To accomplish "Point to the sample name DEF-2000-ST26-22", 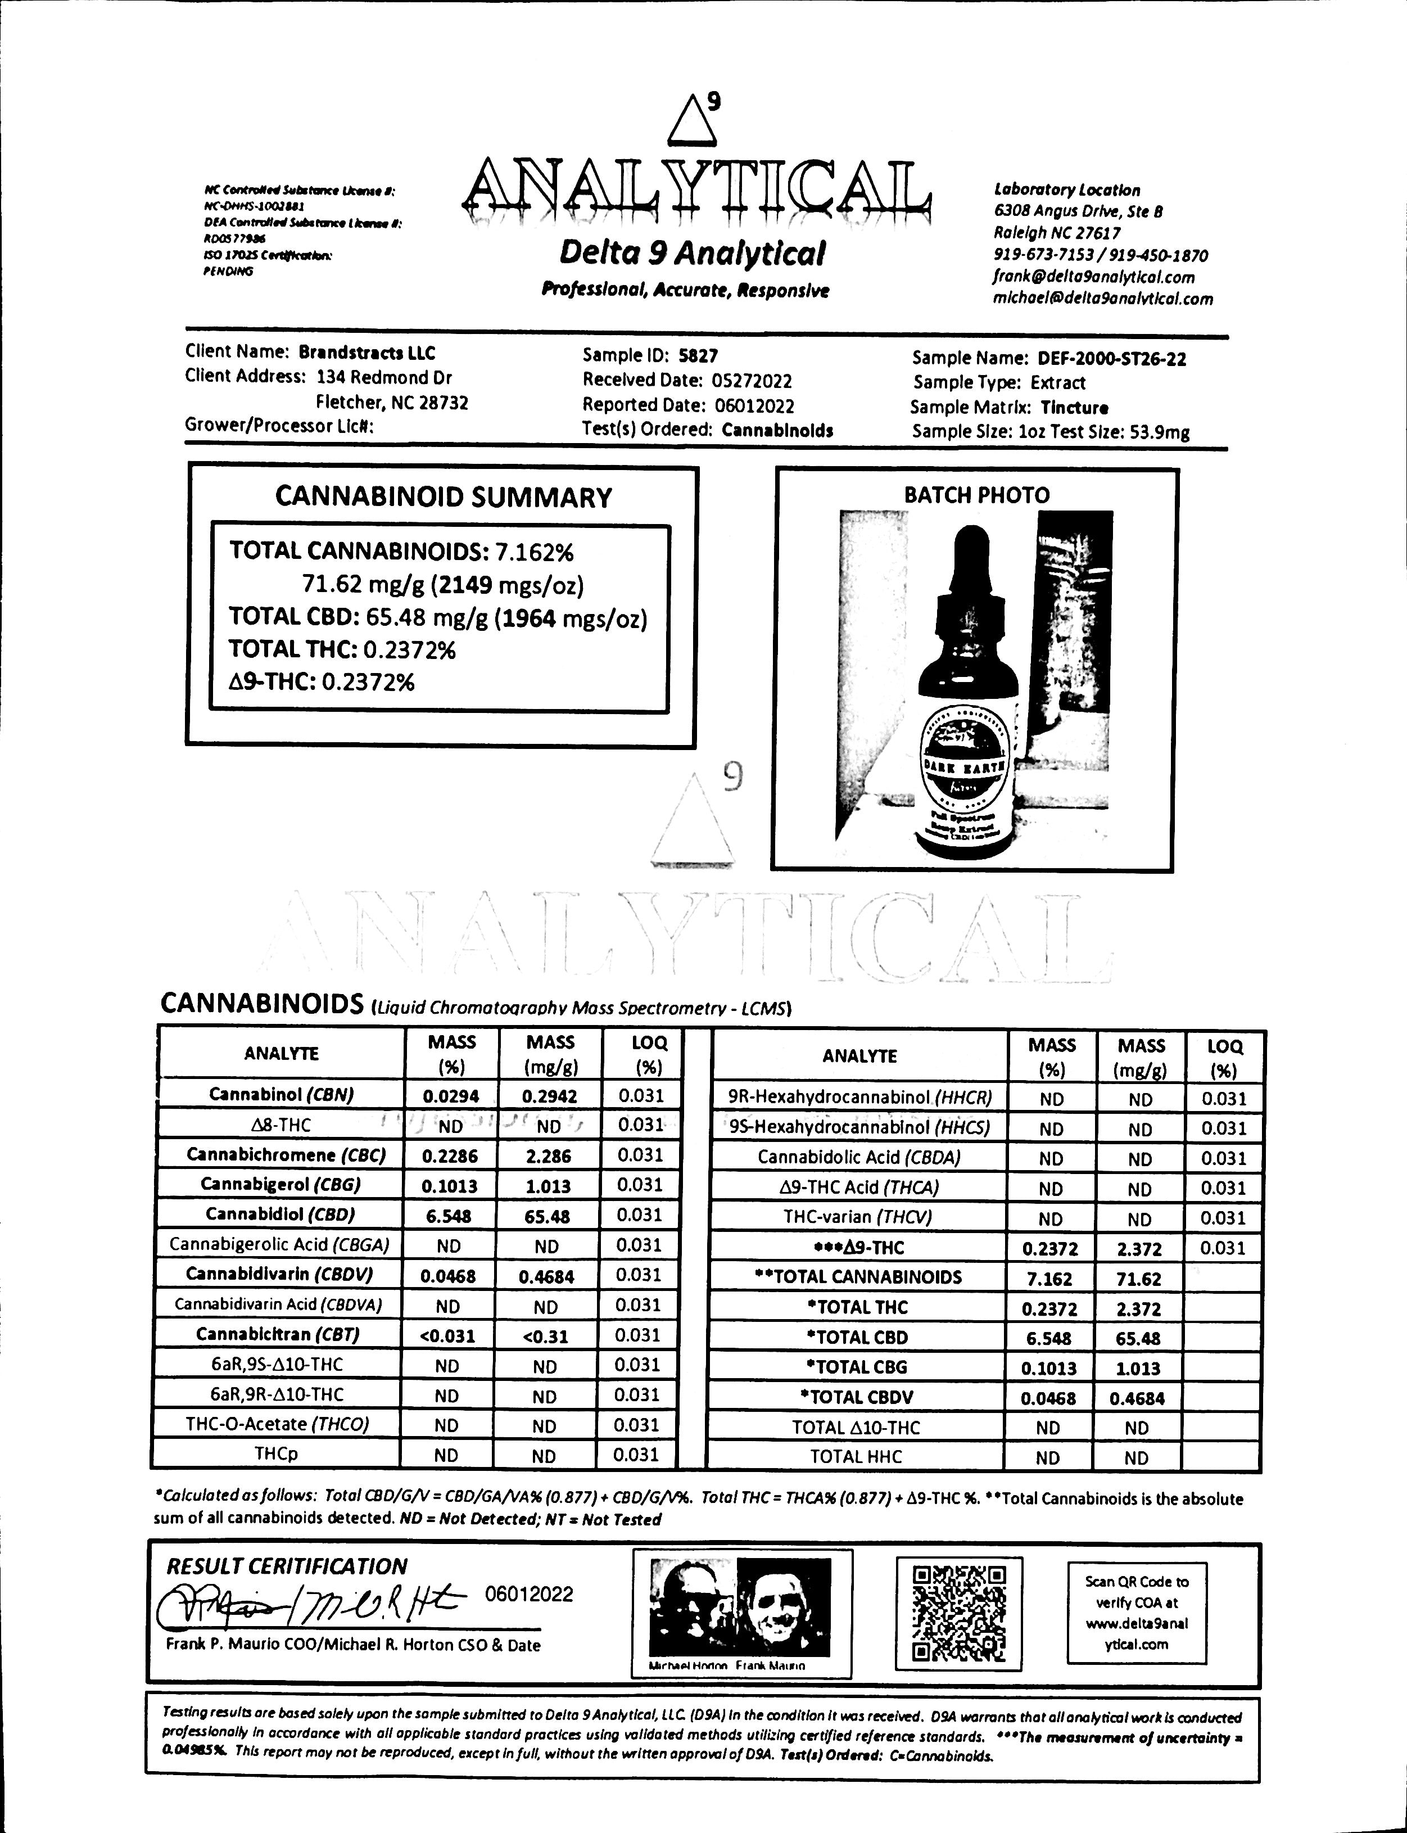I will [1111, 359].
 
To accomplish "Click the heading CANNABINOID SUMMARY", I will [443, 498].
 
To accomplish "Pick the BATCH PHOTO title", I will [976, 495].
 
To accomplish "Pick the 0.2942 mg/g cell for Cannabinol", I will [549, 1095].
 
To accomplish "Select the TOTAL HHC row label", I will [856, 1457].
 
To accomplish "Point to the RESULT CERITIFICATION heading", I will [287, 1566].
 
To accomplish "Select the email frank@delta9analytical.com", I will [1094, 277].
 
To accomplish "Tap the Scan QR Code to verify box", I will [1137, 1613].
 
